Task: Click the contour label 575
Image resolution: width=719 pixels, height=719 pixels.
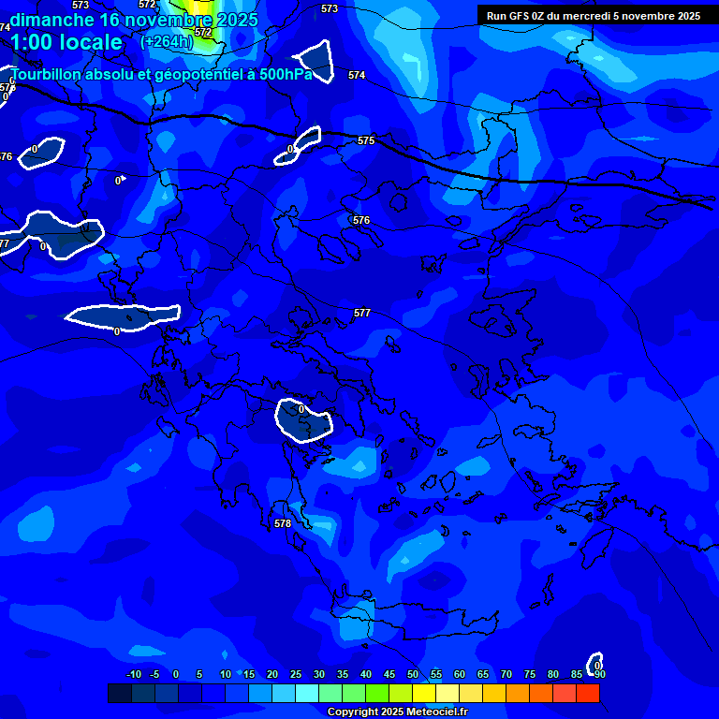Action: tap(366, 140)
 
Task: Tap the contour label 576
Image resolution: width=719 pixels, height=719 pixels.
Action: tap(361, 221)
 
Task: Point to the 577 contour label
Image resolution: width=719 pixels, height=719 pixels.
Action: tap(362, 313)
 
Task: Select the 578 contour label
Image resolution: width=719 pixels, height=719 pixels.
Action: tap(283, 523)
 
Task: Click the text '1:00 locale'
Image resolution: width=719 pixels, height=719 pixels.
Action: tap(66, 42)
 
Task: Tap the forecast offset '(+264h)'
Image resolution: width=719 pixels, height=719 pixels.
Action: tap(167, 41)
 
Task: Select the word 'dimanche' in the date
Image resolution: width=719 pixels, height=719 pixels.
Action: tap(51, 19)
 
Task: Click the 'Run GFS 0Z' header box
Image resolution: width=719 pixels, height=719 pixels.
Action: tap(594, 16)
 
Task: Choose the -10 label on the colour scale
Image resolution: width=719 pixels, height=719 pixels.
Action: tap(133, 674)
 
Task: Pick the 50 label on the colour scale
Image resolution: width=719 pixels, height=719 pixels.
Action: tap(413, 674)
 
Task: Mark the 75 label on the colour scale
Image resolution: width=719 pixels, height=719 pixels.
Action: tap(530, 674)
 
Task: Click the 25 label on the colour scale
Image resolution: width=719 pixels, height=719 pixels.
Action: tap(296, 674)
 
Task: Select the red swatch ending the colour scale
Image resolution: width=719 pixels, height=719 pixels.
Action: tap(587, 693)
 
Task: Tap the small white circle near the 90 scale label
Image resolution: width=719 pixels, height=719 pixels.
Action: tap(594, 663)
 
